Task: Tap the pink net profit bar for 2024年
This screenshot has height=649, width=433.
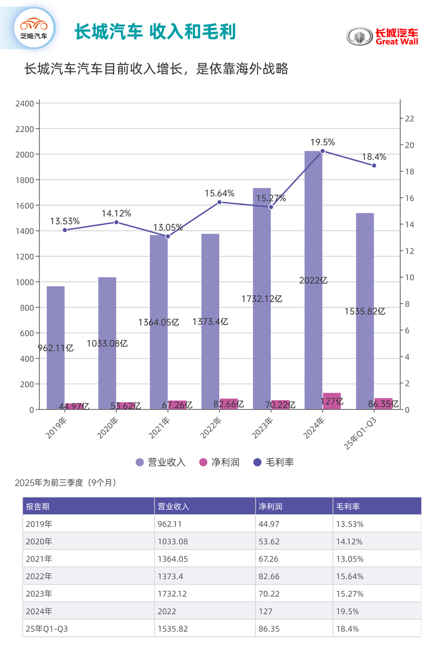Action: tap(332, 401)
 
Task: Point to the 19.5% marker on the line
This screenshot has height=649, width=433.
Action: tap(322, 151)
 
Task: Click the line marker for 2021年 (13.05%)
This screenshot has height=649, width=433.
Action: tap(167, 236)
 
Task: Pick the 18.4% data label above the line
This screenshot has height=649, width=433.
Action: tap(373, 157)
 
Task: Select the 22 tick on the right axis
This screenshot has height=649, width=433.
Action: tap(410, 119)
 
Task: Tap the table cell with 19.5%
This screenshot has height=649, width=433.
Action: tap(347, 611)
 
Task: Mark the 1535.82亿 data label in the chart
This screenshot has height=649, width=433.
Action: tap(365, 312)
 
